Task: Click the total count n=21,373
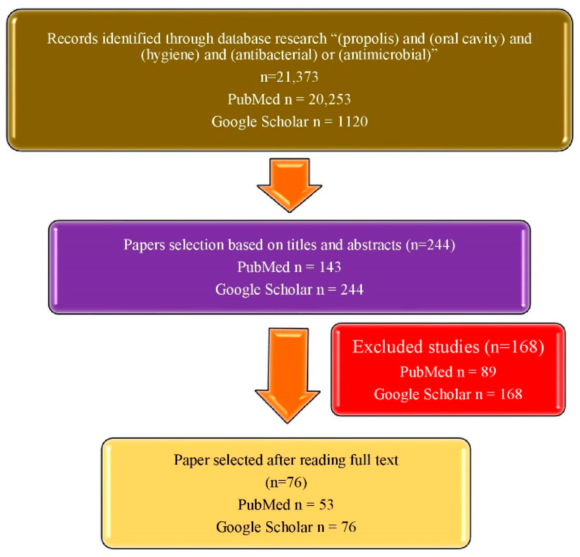pos(289,77)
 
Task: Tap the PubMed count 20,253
pos(329,99)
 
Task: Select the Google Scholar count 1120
pos(352,122)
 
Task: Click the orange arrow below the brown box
pos(289,184)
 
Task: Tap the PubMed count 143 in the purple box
pos(330,267)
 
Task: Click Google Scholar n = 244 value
pos(352,289)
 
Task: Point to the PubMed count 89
pos(489,372)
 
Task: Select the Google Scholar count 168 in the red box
pos(511,394)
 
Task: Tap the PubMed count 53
pos(326,504)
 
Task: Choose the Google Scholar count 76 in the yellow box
pos(349,527)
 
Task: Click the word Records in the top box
pos(72,39)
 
